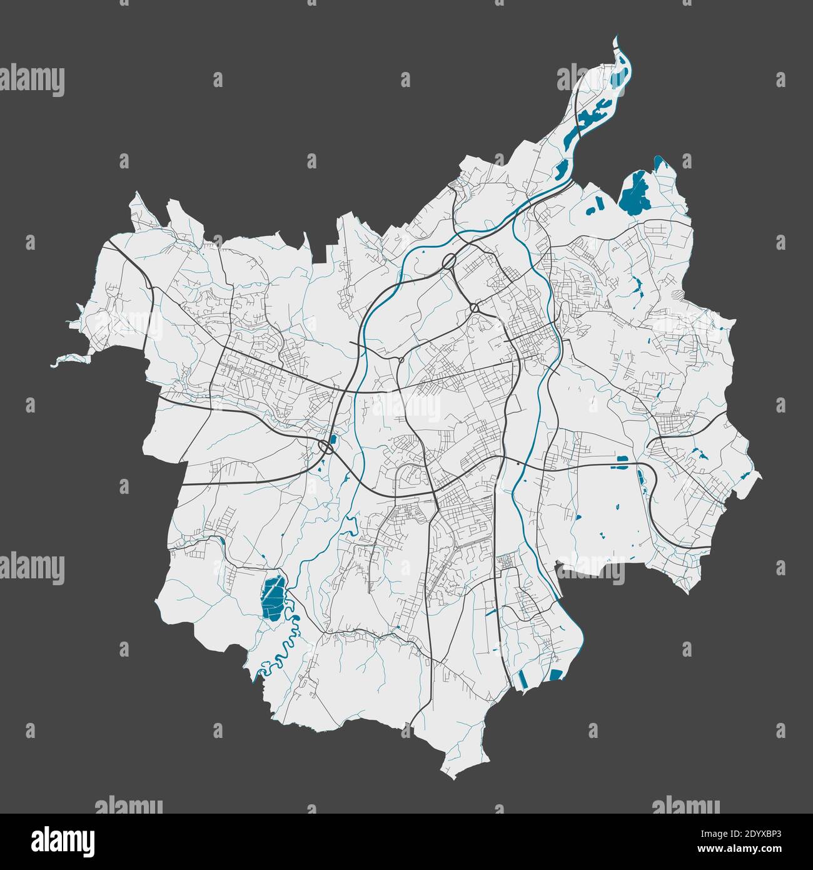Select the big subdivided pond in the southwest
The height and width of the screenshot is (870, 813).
(272, 598)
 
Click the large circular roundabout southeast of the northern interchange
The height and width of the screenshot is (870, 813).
(475, 308)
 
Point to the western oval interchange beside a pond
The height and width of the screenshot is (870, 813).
(325, 446)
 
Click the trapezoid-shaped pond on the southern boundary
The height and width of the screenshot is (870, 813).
(555, 675)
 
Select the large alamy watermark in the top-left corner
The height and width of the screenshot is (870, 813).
(33, 81)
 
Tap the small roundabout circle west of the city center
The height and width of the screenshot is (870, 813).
(401, 361)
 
